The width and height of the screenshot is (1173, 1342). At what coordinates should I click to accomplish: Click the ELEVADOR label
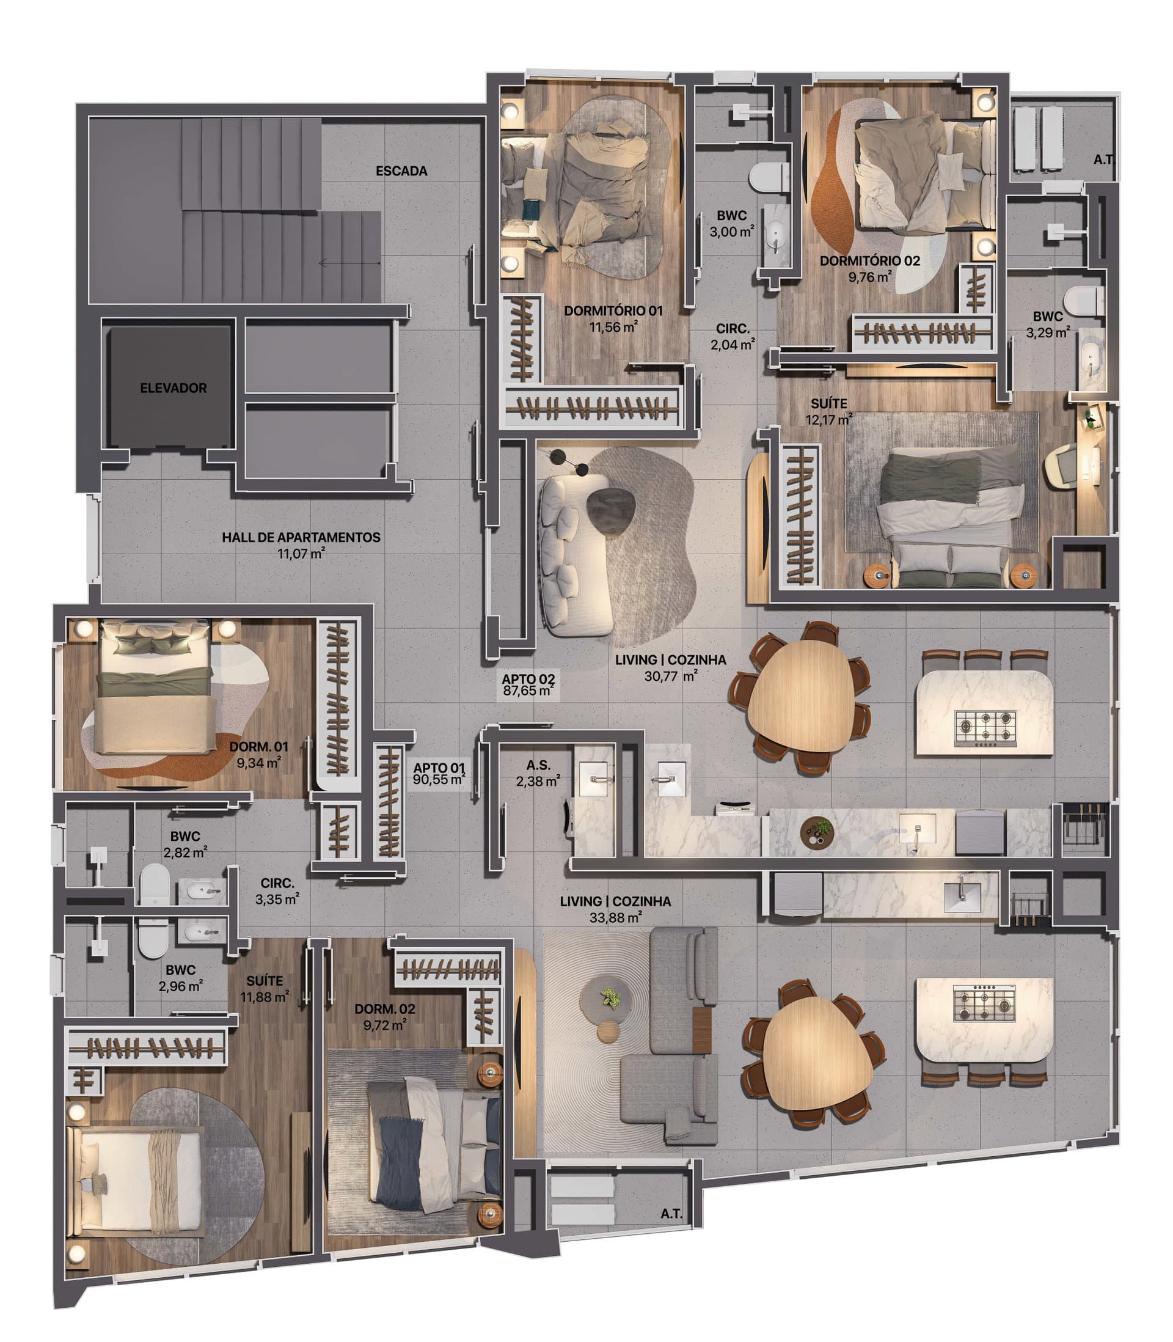tap(173, 388)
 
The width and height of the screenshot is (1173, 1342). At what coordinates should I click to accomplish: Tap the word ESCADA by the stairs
tap(401, 171)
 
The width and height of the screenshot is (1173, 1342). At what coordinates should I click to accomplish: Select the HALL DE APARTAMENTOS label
tap(301, 537)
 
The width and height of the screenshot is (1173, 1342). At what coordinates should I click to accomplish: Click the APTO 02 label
tap(528, 680)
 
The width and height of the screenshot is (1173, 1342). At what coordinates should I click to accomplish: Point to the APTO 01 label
tap(439, 768)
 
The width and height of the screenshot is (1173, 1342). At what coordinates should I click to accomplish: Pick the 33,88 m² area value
tap(615, 918)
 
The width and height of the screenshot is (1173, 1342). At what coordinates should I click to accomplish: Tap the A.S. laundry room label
tap(538, 765)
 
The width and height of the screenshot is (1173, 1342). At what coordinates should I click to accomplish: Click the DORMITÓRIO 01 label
tap(613, 311)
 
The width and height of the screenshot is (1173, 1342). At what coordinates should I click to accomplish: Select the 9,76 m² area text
tap(870, 277)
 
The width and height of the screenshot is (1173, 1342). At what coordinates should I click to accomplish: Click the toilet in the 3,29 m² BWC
tap(1084, 301)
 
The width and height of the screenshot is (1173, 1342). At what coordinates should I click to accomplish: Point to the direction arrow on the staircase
tap(349, 263)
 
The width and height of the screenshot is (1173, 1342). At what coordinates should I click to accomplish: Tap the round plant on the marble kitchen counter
tap(817, 832)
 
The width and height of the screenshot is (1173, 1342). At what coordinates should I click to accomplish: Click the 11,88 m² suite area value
tap(265, 997)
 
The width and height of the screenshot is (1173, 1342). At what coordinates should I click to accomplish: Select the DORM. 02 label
tap(385, 1009)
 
